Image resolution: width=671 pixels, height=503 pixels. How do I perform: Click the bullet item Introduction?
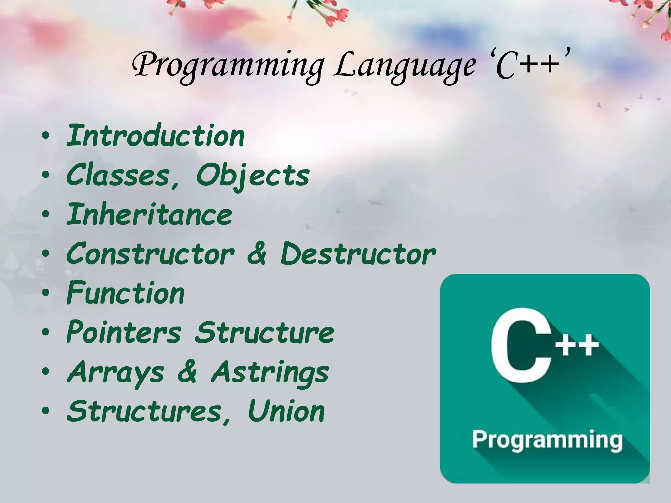tap(156, 136)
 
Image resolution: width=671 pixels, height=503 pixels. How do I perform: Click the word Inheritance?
tap(149, 214)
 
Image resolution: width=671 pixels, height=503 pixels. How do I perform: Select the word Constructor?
tap(151, 254)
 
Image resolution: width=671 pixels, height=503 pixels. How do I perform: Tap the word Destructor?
tap(358, 254)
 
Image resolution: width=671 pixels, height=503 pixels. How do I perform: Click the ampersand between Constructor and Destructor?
tap(257, 254)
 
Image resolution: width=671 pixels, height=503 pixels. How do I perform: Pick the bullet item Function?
tap(126, 293)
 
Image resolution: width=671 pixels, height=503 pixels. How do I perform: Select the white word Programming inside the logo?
tap(547, 440)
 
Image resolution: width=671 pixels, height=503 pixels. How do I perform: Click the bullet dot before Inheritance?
tap(46, 215)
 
